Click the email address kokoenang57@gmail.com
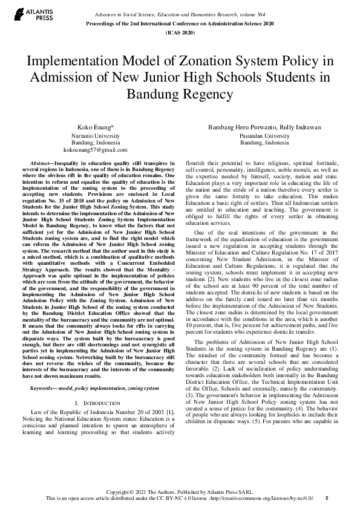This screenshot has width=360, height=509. coord(95,149)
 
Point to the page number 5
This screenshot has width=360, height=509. coord(327,498)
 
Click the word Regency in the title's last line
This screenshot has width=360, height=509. coord(203,95)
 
